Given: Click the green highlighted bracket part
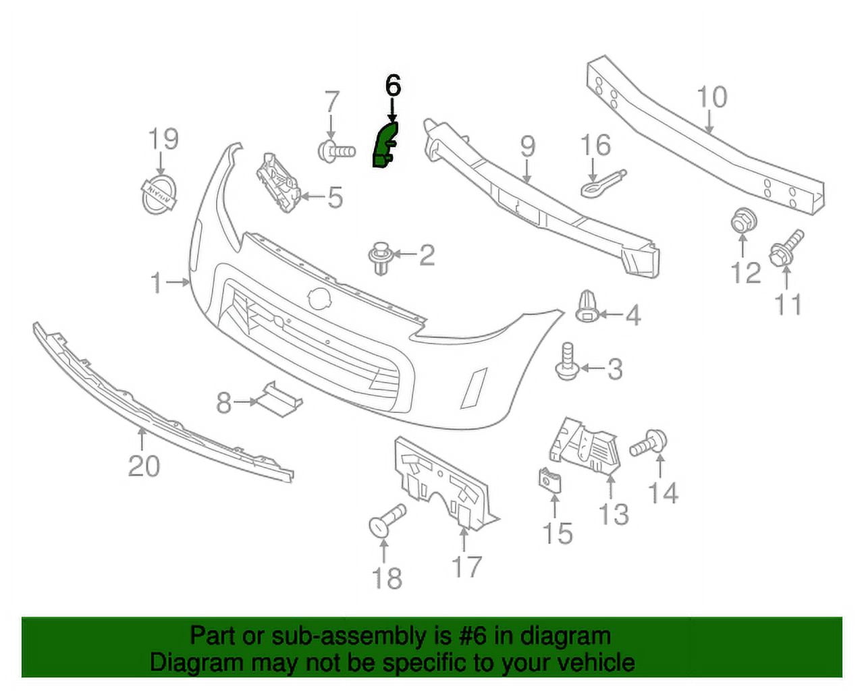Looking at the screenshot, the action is pyautogui.click(x=384, y=144).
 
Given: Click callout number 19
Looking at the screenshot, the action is pyautogui.click(x=164, y=139).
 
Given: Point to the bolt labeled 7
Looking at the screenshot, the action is pyautogui.click(x=336, y=152).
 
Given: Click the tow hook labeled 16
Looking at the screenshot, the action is pyautogui.click(x=603, y=184).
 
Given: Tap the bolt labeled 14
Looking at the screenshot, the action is pyautogui.click(x=648, y=445).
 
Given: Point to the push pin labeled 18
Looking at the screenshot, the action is pyautogui.click(x=387, y=520).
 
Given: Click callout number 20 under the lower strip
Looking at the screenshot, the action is pyautogui.click(x=144, y=466).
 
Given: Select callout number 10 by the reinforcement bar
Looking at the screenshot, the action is pyautogui.click(x=712, y=98).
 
